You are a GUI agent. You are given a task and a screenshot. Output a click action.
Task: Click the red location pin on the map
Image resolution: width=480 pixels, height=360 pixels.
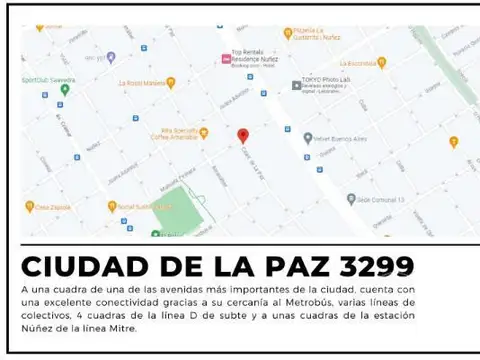tap(242, 135)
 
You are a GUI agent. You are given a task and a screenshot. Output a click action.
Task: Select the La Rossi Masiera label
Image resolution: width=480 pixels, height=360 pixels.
tap(139, 83)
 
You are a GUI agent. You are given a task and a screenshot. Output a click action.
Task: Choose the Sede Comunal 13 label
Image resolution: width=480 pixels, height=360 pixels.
tap(384, 199)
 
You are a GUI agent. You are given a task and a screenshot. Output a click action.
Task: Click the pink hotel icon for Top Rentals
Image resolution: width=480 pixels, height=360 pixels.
tap(227, 59)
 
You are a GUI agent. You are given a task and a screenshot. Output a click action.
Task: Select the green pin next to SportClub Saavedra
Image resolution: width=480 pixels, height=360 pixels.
tap(65, 89)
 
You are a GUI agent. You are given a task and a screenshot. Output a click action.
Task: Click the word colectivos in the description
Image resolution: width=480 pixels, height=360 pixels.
tap(48, 315)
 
